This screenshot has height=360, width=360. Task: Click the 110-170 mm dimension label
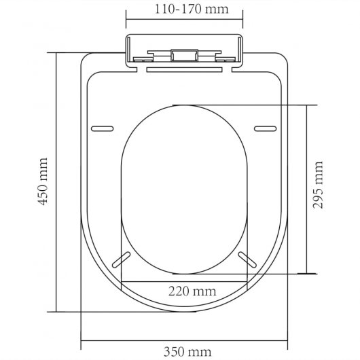183,10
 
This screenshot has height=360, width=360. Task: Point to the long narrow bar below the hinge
183,68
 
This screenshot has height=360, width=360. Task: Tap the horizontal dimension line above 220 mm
183,280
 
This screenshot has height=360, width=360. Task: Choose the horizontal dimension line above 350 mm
183,339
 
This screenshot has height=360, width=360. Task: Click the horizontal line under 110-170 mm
183,21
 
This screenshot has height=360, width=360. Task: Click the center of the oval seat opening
183,189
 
